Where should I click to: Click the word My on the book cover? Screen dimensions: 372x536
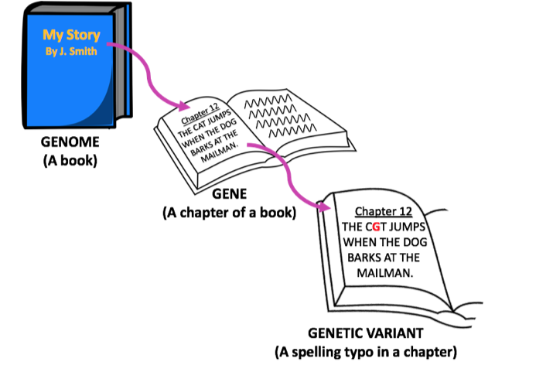pos(52,35)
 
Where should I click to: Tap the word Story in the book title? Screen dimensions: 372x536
pos(82,35)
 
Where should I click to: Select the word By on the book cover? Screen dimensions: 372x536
pos(51,52)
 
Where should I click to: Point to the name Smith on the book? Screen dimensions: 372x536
pos(83,52)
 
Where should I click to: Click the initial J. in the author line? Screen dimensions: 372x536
pos(63,52)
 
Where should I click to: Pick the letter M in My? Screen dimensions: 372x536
pos(48,35)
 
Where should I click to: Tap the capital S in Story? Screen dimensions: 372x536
pos(70,35)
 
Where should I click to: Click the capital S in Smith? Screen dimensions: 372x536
pos(73,52)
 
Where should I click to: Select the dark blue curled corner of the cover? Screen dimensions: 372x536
pos(101,112)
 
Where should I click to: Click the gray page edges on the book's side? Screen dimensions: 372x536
pos(119,62)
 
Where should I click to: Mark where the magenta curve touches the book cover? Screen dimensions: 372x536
pos(109,45)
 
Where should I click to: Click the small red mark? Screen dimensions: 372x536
pos(376,230)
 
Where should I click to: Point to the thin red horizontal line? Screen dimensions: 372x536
pos(402,223)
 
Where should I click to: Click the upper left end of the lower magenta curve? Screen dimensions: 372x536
pos(249,145)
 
